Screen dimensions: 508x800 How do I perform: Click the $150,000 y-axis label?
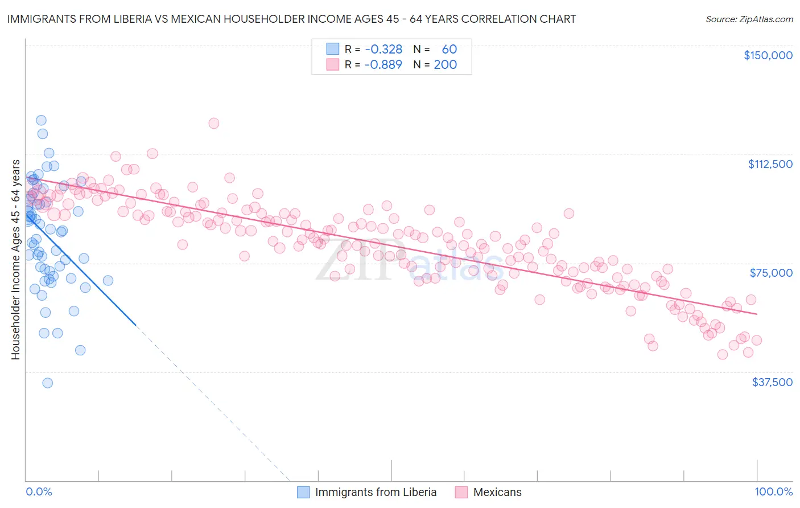(768, 55)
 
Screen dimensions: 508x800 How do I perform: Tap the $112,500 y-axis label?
(770, 164)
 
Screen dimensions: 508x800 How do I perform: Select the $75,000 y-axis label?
(771, 273)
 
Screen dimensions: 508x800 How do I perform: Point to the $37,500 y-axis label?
(772, 382)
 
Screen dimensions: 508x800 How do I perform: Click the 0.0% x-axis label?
(39, 492)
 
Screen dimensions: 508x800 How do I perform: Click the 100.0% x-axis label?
(773, 492)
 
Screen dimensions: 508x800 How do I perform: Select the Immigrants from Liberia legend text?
(376, 492)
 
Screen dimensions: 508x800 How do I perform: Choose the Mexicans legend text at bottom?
(497, 492)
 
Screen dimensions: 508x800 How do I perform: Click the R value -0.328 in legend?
(383, 50)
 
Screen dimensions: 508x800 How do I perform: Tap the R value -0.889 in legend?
(383, 64)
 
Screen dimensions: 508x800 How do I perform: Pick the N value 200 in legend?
(445, 64)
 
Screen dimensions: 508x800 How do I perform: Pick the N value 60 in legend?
(449, 50)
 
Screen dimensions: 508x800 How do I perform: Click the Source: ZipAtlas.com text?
(749, 19)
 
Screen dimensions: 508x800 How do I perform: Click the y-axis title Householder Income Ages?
(15, 260)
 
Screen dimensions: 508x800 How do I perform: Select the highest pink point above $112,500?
(214, 123)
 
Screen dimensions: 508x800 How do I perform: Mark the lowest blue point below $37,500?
(48, 383)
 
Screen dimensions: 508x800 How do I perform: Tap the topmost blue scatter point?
(41, 120)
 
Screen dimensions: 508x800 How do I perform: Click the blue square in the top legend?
(333, 49)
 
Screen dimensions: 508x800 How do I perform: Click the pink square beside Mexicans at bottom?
(461, 492)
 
